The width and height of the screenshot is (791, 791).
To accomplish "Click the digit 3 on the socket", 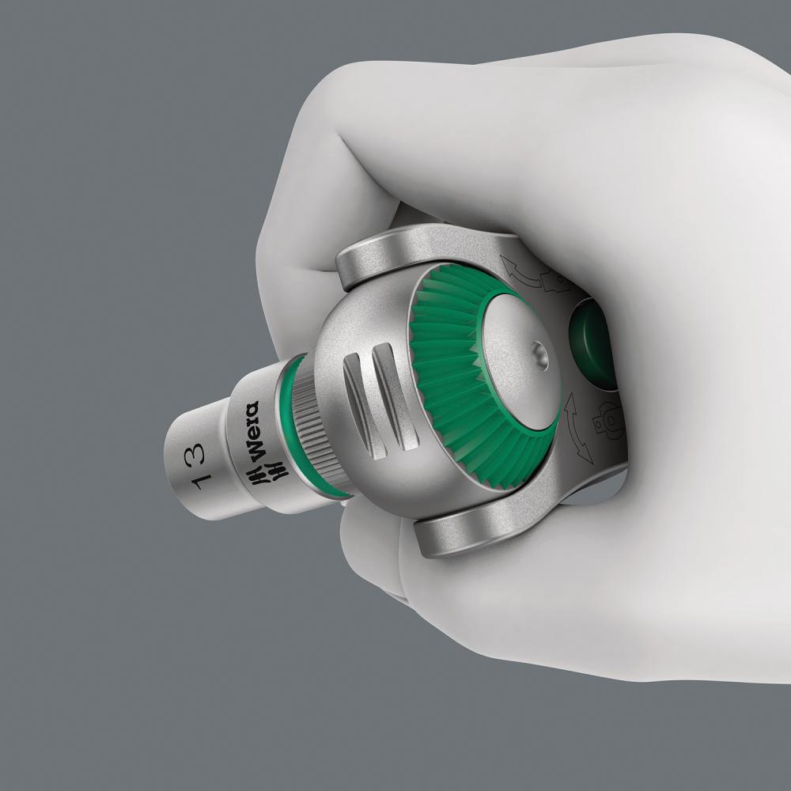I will pos(195,452).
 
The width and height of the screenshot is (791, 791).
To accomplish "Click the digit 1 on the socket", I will pos(194,481).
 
